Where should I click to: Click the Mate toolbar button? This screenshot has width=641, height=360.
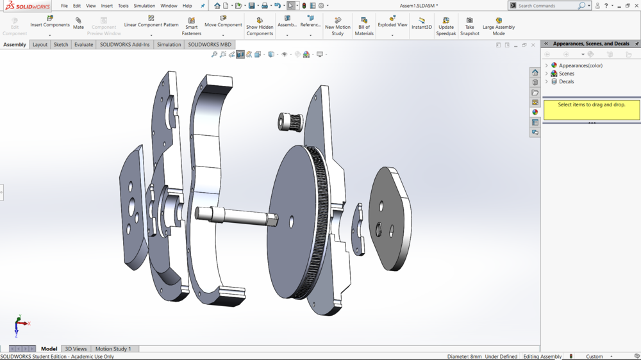78,24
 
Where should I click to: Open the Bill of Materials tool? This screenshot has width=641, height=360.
364,26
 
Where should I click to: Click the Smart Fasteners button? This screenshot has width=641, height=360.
191,26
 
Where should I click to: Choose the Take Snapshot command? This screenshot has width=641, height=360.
470,26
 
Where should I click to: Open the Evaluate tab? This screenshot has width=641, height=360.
84,45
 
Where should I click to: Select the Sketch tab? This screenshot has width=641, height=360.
61,45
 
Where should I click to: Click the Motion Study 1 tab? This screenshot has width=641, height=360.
113,349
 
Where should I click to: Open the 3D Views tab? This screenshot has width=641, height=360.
76,349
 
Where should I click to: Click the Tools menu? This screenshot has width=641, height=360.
123,6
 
